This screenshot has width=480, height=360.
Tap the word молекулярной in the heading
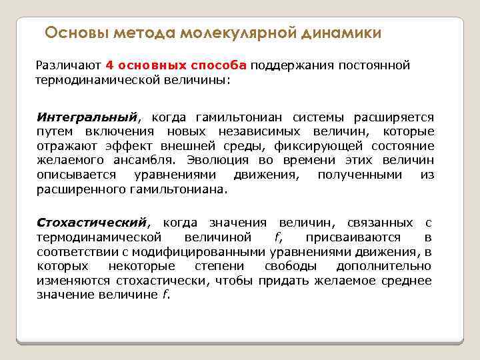point(235,33)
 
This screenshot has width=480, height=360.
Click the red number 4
point(109,65)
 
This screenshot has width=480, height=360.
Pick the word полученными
point(360,175)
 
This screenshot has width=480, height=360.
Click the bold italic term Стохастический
point(91,222)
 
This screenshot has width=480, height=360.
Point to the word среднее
point(407,280)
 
